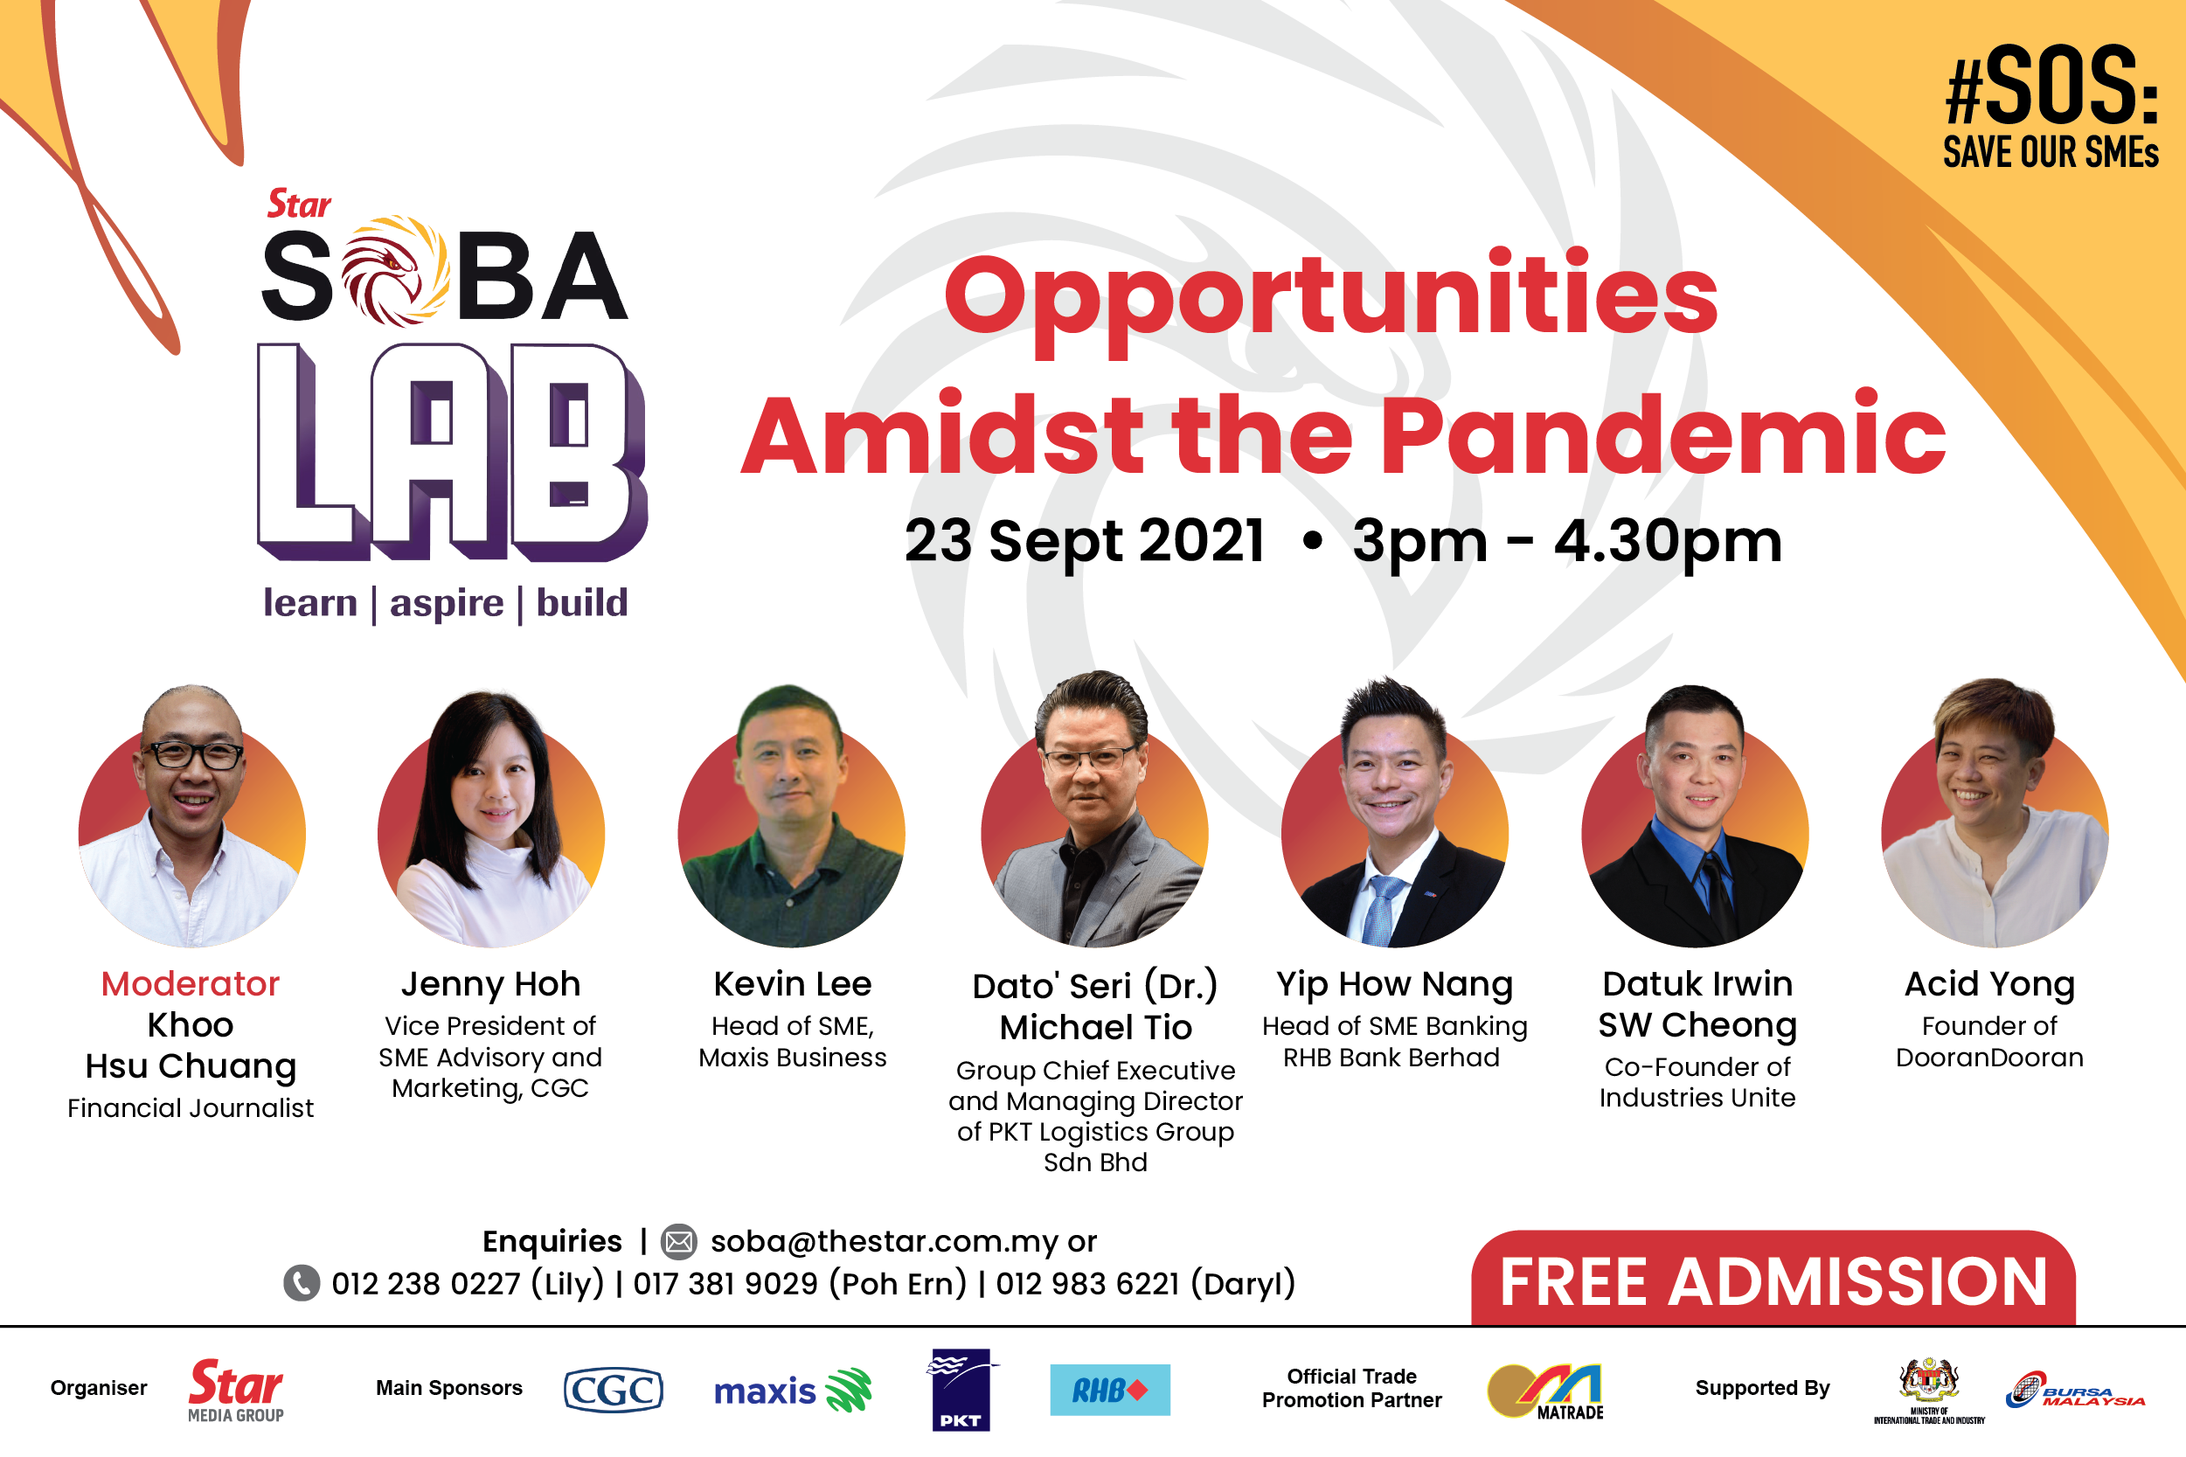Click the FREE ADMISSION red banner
pos(1773,1279)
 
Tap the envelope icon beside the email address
pos(678,1241)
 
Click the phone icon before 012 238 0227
pos(301,1283)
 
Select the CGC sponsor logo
pos(614,1390)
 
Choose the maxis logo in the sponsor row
pos(793,1390)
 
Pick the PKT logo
pos(961,1390)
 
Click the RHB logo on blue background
pos(1110,1390)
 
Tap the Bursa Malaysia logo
pos(2074,1390)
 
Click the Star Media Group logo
pos(236,1390)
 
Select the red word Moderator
pos(191,983)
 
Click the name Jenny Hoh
pos(490,984)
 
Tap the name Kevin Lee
pos(793,983)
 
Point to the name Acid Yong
pos(1989,984)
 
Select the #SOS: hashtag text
pos(2051,85)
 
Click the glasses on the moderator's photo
pos(193,754)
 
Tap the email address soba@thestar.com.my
pos(885,1241)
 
